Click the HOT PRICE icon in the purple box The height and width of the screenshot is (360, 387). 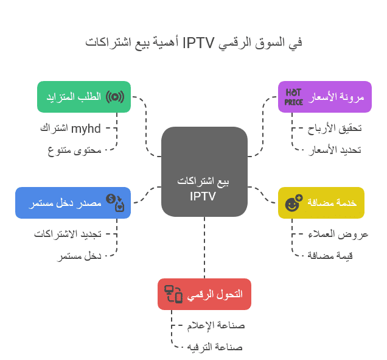(293, 97)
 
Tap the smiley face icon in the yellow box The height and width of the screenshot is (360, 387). (294, 203)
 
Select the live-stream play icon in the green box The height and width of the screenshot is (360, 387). (115, 97)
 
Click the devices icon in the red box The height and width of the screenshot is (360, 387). (173, 294)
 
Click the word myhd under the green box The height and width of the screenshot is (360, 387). (86, 129)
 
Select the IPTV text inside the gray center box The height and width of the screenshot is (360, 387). (203, 196)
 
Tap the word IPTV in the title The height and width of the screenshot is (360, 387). (199, 43)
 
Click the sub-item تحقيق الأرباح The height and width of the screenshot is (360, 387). (335, 129)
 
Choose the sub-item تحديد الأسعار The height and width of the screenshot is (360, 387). (335, 150)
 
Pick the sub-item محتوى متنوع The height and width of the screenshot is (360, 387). (74, 150)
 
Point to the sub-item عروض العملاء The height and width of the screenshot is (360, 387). (338, 235)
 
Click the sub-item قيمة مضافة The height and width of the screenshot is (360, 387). (330, 255)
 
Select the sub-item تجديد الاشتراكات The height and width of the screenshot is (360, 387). (68, 234)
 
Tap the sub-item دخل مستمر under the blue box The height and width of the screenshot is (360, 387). (79, 256)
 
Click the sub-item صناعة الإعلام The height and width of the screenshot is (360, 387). (216, 325)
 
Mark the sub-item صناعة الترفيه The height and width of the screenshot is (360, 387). (215, 347)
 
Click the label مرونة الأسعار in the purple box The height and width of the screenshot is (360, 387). (336, 97)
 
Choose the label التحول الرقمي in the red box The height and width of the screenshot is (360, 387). (215, 294)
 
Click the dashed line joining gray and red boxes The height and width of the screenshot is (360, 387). (204, 247)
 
